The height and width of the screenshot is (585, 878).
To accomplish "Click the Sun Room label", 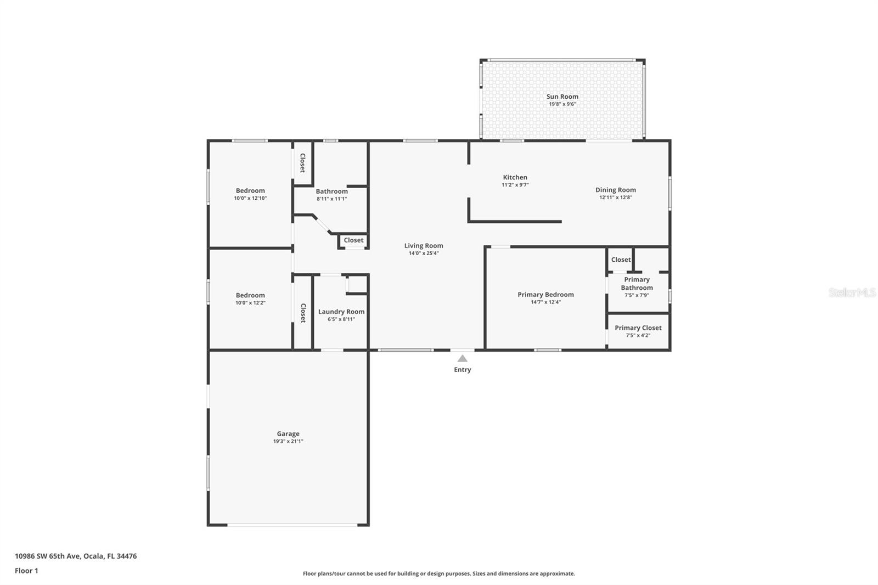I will pos(562,97).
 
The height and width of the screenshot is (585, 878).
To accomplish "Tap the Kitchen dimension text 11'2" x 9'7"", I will pos(515,185).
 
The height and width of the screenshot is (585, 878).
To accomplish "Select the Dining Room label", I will pos(615,190).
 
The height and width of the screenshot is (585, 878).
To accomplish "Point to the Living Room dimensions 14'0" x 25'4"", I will pos(423,253).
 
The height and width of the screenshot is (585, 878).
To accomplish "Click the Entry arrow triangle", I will pos(463,358).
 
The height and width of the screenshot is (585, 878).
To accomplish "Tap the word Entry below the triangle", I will pos(462,370).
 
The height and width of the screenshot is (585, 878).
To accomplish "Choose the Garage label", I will pos(288,434).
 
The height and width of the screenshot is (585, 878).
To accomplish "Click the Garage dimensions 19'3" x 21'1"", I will pos(288,441).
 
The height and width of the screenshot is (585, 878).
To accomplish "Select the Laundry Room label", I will pos(341,312).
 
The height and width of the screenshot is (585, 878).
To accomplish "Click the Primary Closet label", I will pos(638,328).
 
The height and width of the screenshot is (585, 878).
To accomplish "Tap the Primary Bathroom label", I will pos(637,284).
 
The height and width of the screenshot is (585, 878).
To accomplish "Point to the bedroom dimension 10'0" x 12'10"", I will pos(250,198).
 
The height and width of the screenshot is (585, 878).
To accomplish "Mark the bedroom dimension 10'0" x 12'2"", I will pos(250,302).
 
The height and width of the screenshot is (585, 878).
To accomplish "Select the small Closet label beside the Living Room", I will pos(353,240).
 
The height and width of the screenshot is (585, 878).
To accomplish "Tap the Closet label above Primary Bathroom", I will pos(621,260).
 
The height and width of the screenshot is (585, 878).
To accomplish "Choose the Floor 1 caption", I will pos(26,571).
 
